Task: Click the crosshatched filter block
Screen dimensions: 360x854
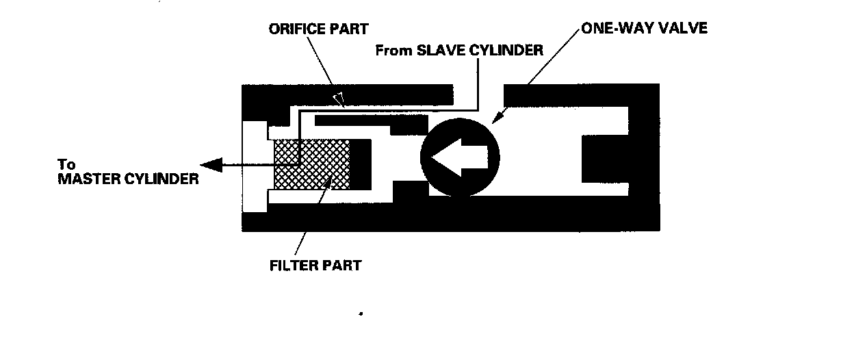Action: pyautogui.click(x=311, y=165)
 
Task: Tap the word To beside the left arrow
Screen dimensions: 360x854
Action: pyautogui.click(x=66, y=165)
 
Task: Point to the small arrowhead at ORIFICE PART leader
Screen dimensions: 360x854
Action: pyautogui.click(x=336, y=100)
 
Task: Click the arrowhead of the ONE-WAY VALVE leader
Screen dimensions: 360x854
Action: pyautogui.click(x=502, y=114)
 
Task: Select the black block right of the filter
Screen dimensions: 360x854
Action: pyautogui.click(x=361, y=165)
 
